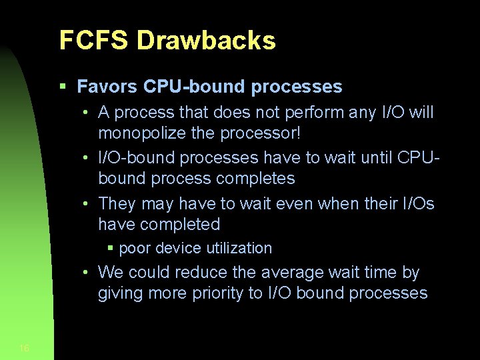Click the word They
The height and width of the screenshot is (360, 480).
tap(117, 204)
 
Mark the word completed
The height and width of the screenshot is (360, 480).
tap(179, 225)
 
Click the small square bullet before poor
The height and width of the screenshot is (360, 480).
tap(111, 249)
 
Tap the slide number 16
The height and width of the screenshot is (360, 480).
tap(25, 348)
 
